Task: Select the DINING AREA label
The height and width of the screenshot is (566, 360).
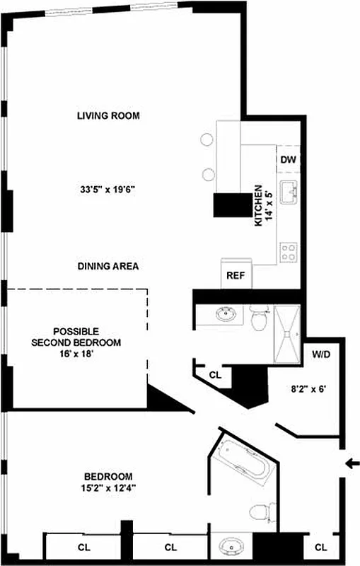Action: pyautogui.click(x=108, y=267)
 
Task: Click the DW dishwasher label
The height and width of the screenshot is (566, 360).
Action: pyautogui.click(x=287, y=159)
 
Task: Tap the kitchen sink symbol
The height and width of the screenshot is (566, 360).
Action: pyautogui.click(x=288, y=192)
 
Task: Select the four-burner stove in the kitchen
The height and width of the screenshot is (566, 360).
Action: pyautogui.click(x=288, y=250)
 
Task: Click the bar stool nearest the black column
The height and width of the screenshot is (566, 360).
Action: pyautogui.click(x=209, y=174)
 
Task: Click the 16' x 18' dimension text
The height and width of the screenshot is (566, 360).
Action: pyautogui.click(x=76, y=353)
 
